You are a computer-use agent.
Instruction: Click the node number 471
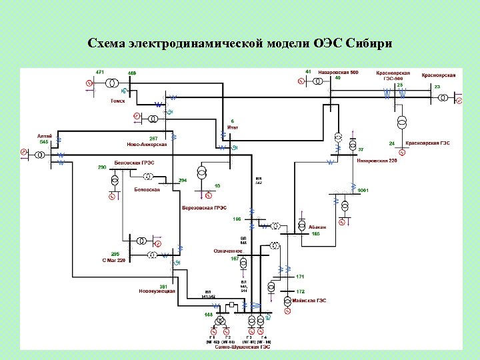(99, 71)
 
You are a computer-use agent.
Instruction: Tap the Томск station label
(117, 101)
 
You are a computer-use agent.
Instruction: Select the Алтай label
(44, 135)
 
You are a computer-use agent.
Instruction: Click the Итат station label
(233, 127)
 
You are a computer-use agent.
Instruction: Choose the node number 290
(102, 167)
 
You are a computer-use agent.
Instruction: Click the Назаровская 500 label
(337, 72)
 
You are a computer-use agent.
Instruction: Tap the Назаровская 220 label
(376, 161)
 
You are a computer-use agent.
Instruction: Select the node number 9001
(363, 191)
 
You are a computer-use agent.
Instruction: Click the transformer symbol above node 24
(402, 123)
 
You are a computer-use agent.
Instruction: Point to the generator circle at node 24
(402, 152)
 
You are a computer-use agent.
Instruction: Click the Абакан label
(317, 227)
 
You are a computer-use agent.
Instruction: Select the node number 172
(300, 291)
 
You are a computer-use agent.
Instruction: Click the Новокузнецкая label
(157, 291)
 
